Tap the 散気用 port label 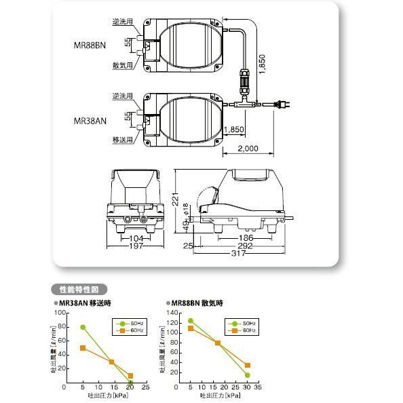click(123, 65)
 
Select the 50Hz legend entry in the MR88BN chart click(246, 324)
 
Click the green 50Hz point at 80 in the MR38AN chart click(82, 327)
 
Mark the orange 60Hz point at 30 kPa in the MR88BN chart click(247, 365)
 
